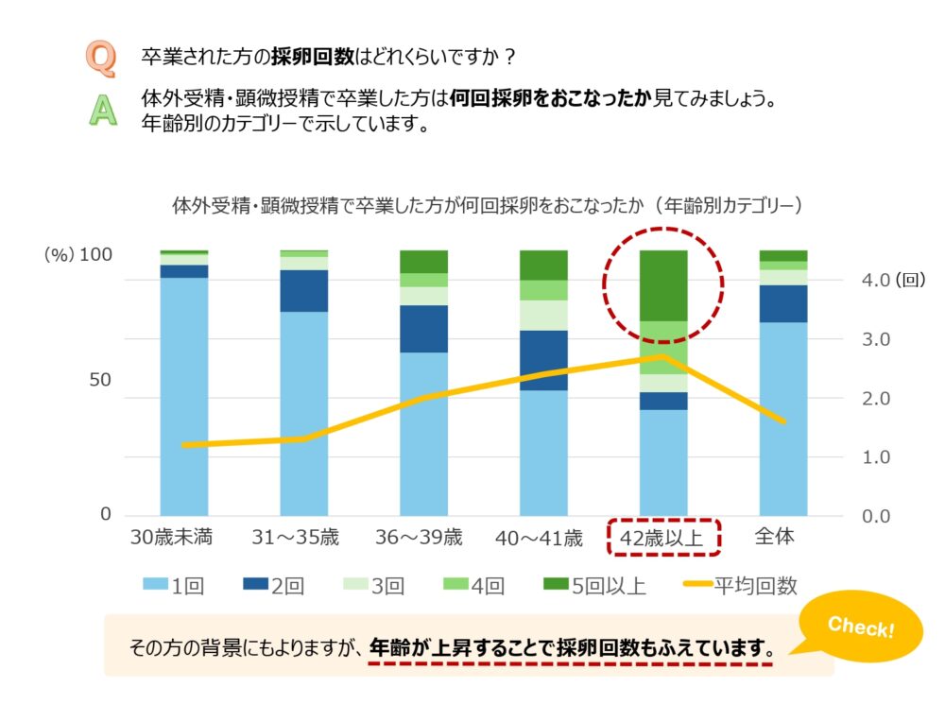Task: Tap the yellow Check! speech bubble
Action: pyautogui.click(x=860, y=627)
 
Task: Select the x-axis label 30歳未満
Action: pyautogui.click(x=172, y=538)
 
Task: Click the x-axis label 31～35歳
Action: pyautogui.click(x=295, y=538)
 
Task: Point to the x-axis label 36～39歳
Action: pyautogui.click(x=420, y=538)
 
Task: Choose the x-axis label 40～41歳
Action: pyautogui.click(x=540, y=539)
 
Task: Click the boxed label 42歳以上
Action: pyautogui.click(x=663, y=538)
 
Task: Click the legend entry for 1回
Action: pyautogui.click(x=170, y=586)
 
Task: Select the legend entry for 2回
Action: pyautogui.click(x=274, y=586)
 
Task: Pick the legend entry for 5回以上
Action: pyautogui.click(x=595, y=586)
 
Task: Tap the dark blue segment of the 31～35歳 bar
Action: pyautogui.click(x=303, y=291)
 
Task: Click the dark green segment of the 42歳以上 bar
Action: pyautogui.click(x=663, y=285)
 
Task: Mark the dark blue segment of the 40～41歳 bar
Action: pyautogui.click(x=543, y=360)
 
